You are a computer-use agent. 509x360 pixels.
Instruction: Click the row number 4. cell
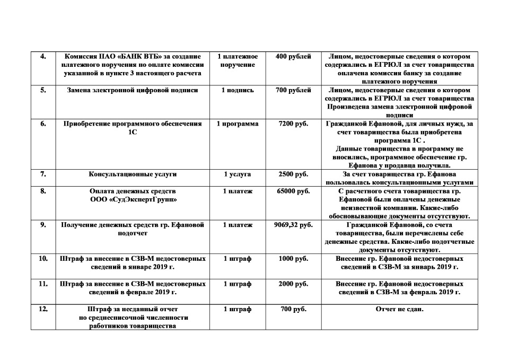43,56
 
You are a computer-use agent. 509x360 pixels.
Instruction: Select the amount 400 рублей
293,56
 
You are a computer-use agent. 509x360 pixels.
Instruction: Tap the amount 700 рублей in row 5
293,90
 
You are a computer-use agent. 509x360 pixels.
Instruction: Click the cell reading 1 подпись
238,90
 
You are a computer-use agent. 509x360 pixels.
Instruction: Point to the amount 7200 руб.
293,124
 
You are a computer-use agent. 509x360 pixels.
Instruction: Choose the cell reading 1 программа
238,124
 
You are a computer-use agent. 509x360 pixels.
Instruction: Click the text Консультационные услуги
133,174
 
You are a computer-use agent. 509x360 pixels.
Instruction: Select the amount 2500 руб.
293,174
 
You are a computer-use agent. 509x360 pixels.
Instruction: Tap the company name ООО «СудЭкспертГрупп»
133,199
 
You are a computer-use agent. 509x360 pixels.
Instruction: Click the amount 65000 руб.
293,191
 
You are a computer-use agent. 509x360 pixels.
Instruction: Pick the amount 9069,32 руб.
293,225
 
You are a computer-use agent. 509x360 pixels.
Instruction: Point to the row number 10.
43,259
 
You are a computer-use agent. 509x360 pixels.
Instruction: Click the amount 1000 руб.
293,259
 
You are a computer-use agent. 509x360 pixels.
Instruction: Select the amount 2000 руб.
293,284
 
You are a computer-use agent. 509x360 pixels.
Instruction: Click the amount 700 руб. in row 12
293,309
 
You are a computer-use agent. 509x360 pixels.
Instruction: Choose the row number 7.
43,174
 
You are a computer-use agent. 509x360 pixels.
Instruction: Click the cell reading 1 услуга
238,174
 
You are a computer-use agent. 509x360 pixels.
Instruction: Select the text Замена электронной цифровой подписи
133,90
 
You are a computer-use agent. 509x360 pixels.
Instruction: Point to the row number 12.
43,309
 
